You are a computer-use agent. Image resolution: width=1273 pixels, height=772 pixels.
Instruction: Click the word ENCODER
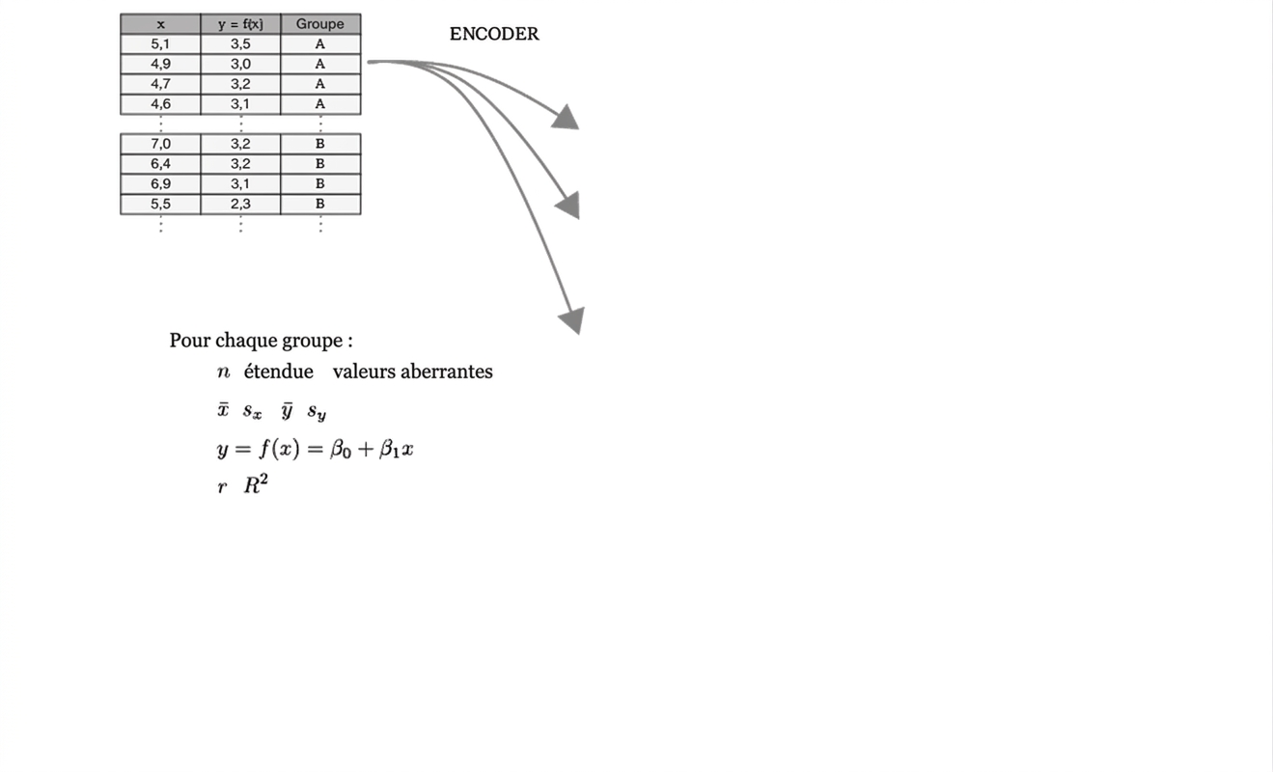[x=494, y=34]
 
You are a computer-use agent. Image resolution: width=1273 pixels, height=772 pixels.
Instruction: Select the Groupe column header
[x=320, y=24]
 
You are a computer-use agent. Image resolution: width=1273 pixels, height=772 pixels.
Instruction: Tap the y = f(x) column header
[x=240, y=24]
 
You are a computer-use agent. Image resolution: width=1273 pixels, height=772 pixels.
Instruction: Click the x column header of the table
[x=160, y=24]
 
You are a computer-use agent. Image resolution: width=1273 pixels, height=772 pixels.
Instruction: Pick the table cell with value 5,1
[x=160, y=44]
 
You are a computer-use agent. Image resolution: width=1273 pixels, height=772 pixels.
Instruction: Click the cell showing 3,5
[x=240, y=44]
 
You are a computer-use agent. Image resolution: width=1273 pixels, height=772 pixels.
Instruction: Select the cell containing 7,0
[x=160, y=144]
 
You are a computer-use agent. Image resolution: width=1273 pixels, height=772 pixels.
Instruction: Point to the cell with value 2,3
[x=240, y=204]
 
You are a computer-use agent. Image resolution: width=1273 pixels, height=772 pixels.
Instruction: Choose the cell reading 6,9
[x=160, y=184]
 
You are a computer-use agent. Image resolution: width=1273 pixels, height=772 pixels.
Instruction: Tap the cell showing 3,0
[x=240, y=65]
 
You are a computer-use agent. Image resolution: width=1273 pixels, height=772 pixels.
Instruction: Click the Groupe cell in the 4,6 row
[x=320, y=104]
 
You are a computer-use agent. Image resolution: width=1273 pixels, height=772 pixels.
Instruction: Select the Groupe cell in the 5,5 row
[x=320, y=204]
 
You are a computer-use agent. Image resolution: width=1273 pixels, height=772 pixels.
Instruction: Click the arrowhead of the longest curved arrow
[x=573, y=319]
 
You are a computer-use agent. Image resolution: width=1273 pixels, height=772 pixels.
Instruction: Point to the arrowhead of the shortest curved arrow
[x=566, y=118]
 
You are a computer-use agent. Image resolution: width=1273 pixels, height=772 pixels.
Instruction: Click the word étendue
[x=279, y=372]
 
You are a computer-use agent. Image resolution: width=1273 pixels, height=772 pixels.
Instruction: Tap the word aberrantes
[x=446, y=372]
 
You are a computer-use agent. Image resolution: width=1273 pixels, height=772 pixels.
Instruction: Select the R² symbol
[x=256, y=484]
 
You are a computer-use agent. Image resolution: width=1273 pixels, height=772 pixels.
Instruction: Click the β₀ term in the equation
[x=341, y=450]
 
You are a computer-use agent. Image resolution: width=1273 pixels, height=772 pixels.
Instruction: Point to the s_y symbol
[x=317, y=412]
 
